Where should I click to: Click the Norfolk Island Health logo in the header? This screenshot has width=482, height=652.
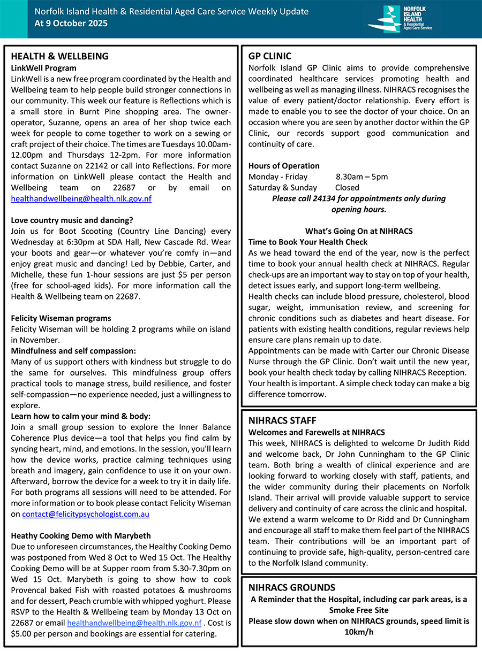click(401, 19)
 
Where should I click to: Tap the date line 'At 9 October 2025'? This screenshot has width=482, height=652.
click(71, 23)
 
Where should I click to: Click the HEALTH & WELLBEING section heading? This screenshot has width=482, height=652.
click(59, 56)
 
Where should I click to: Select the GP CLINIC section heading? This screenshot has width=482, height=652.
click(270, 56)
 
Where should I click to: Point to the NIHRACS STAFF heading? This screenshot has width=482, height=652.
click(282, 420)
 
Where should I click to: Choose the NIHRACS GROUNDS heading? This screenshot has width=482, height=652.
click(292, 587)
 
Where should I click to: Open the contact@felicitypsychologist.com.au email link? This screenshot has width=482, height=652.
click(86, 514)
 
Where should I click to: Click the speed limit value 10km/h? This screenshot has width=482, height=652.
click(359, 632)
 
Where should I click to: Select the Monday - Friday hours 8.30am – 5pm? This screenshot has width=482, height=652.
click(362, 177)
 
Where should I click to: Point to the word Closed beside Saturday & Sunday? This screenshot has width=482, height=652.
click(347, 187)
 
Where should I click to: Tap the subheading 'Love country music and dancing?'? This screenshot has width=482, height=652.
click(72, 220)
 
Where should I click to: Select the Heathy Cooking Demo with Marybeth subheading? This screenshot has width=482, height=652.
click(81, 535)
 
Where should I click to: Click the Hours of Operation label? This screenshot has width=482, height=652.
click(284, 166)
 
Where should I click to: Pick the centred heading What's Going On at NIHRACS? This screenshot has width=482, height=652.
click(359, 231)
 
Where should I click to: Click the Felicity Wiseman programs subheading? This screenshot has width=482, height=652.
click(61, 318)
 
